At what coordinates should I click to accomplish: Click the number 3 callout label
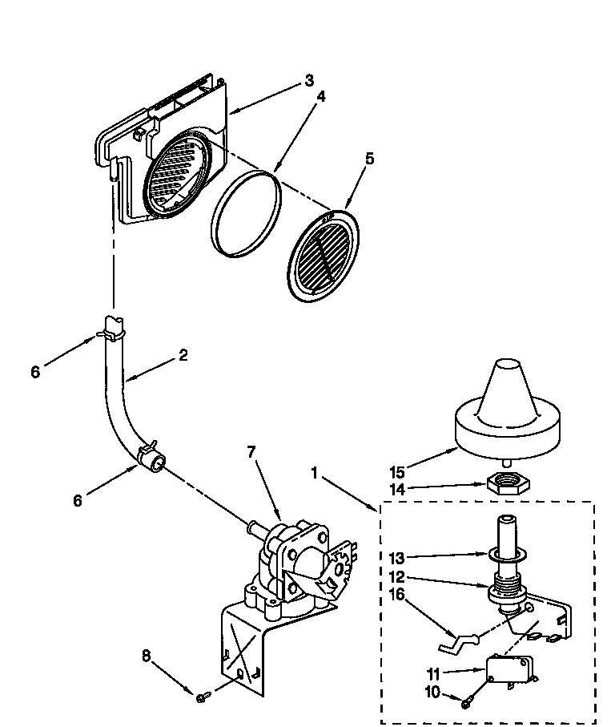click(x=309, y=80)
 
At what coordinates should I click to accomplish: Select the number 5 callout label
click(x=369, y=158)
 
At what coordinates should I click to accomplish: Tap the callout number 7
click(x=251, y=452)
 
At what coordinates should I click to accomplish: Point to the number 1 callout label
click(x=316, y=475)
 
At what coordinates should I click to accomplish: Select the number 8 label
click(x=145, y=655)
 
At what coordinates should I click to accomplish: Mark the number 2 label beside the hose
click(x=183, y=356)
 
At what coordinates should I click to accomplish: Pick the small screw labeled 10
click(x=466, y=703)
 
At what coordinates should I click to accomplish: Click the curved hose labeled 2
click(x=118, y=401)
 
